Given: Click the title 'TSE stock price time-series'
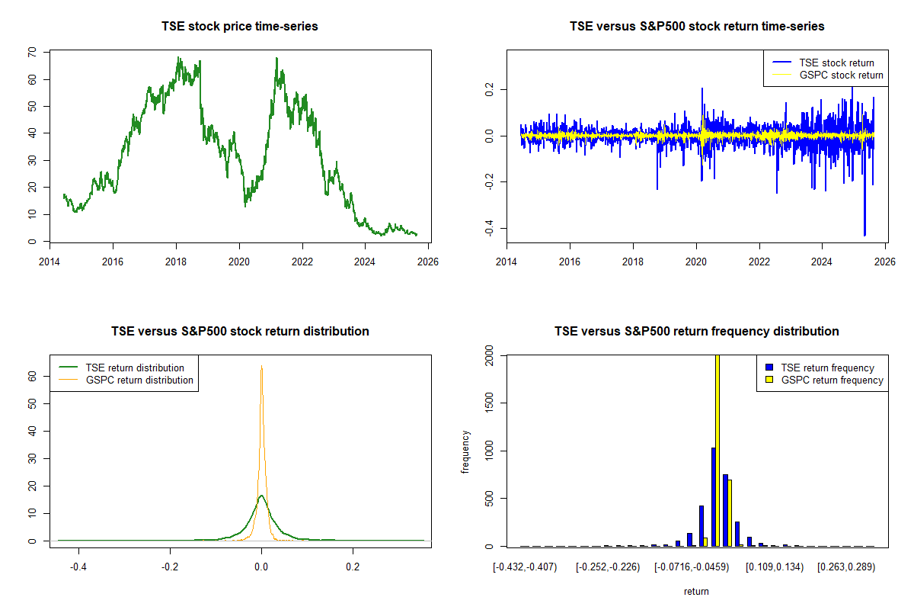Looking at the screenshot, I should pyautogui.click(x=240, y=26).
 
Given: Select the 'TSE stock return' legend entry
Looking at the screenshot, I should pyautogui.click(x=836, y=63).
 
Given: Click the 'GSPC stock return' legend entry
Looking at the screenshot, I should pyautogui.click(x=841, y=75).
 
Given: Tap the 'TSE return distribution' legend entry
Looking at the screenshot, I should pyautogui.click(x=135, y=368).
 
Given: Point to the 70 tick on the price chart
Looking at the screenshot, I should pyautogui.click(x=32, y=53).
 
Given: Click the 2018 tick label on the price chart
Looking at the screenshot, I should pyautogui.click(x=176, y=257).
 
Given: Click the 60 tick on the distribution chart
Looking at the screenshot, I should pyautogui.click(x=32, y=376).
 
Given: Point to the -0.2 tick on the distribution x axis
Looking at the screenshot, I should pyautogui.click(x=170, y=567).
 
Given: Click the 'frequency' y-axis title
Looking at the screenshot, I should pyautogui.click(x=466, y=451).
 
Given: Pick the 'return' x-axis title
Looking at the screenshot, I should pyautogui.click(x=696, y=591).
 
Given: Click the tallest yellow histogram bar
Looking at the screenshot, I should pyautogui.click(x=717, y=450).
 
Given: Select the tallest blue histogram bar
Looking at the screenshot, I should pyautogui.click(x=713, y=496).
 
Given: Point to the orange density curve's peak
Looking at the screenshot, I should pyautogui.click(x=261, y=367).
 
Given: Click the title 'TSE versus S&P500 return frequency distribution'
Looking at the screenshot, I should pyautogui.click(x=696, y=331).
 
